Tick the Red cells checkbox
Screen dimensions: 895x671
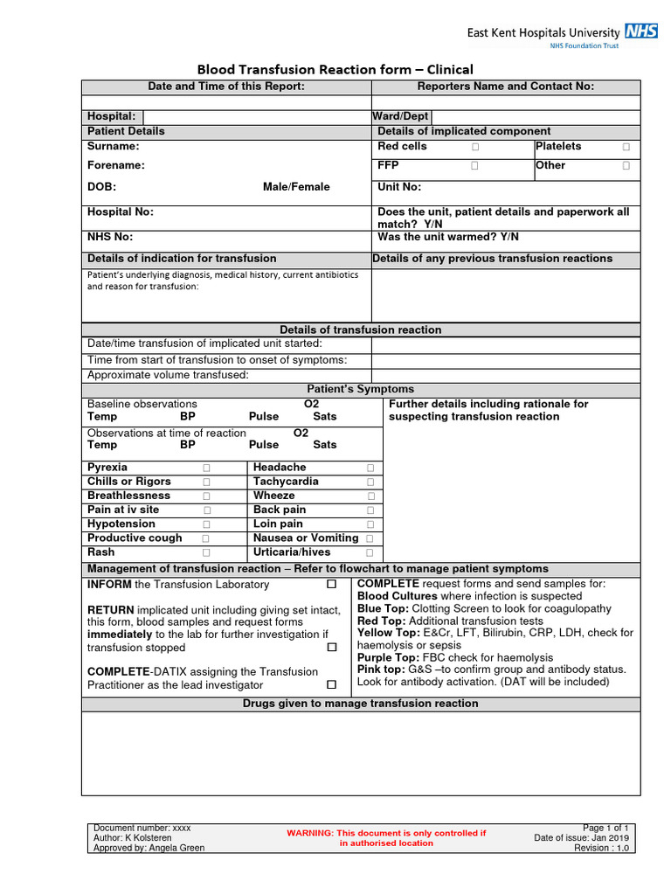[x=474, y=147]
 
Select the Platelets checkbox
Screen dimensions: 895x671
[x=626, y=147]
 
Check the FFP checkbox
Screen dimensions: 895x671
[x=474, y=165]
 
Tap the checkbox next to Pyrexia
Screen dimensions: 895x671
[x=207, y=468]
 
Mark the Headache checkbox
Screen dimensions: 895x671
[x=370, y=468]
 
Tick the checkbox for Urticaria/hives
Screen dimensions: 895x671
[x=370, y=553]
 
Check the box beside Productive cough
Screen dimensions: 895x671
[x=207, y=539]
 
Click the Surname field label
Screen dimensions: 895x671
[x=113, y=146]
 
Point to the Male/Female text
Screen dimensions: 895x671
[x=296, y=187]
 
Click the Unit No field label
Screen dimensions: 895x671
[x=399, y=187]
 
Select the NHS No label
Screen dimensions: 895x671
[x=110, y=237]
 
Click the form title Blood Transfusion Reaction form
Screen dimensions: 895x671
[x=335, y=70]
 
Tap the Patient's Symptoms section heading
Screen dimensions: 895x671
[x=360, y=389]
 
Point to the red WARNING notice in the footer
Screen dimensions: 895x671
[x=386, y=838]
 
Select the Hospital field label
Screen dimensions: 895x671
[x=111, y=116]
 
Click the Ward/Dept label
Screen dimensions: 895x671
[x=400, y=116]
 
